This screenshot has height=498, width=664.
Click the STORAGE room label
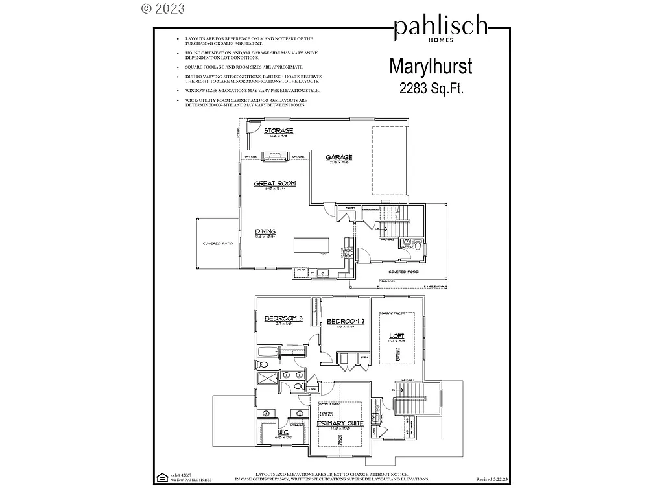(x=278, y=131)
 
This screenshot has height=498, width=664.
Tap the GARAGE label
(x=339, y=157)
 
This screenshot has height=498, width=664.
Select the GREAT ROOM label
(x=274, y=184)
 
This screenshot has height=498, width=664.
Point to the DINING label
(x=265, y=231)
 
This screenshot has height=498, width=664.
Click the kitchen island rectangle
(x=311, y=245)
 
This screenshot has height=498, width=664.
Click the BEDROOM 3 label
(x=283, y=318)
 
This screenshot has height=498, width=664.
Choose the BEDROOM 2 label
(x=346, y=322)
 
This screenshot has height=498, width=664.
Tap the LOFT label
(x=396, y=336)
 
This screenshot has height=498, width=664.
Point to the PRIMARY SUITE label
(x=340, y=423)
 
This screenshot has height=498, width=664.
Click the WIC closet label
(x=283, y=431)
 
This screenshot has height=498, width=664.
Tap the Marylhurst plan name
(x=431, y=66)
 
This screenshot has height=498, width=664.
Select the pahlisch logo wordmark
(x=440, y=27)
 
